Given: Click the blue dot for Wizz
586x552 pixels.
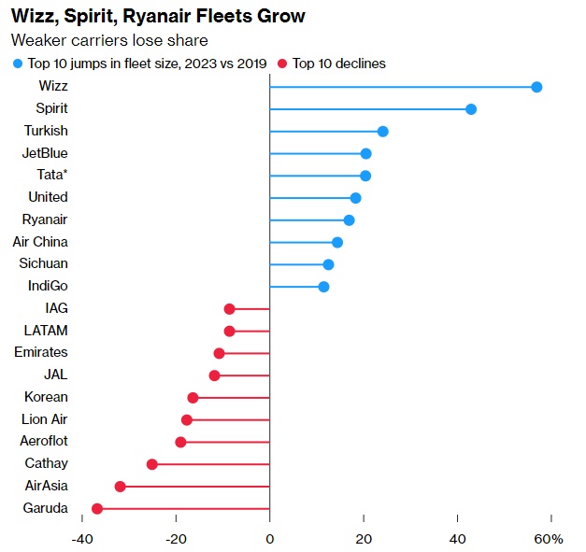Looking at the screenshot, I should pyautogui.click(x=536, y=87).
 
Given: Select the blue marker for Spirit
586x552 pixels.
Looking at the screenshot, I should pyautogui.click(x=471, y=109).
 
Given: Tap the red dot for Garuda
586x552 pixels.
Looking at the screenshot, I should pyautogui.click(x=96, y=508).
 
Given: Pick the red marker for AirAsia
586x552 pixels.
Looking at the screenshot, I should pyautogui.click(x=120, y=487).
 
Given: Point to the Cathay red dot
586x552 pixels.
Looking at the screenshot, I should pyautogui.click(x=152, y=464).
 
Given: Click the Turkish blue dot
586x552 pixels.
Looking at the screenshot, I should pyautogui.click(x=382, y=132).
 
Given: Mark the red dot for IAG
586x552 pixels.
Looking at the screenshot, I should pyautogui.click(x=229, y=308).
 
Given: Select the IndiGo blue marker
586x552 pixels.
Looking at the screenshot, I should pyautogui.click(x=323, y=287).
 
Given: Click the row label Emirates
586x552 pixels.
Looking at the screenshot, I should pyautogui.click(x=41, y=352).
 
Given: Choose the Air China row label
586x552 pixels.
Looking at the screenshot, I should pyautogui.click(x=40, y=242).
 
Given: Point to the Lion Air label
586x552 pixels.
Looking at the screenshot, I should pyautogui.click(x=44, y=419).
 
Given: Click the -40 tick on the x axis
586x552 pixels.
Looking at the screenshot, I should pyautogui.click(x=82, y=539).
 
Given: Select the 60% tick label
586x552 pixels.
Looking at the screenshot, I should pyautogui.click(x=549, y=539).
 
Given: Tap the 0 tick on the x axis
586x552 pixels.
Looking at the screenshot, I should pyautogui.click(x=269, y=539).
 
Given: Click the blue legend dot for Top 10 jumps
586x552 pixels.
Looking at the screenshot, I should pyautogui.click(x=17, y=64).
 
